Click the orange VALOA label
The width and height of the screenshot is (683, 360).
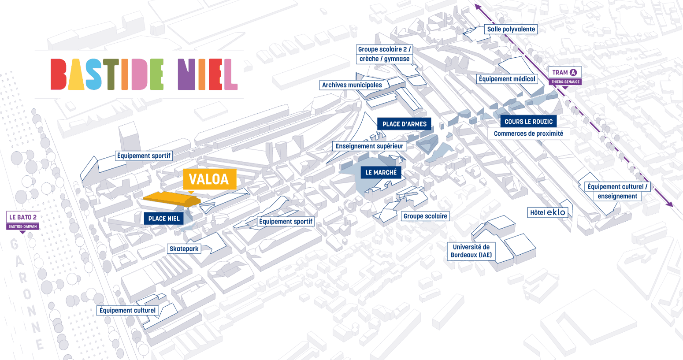coord(210,179)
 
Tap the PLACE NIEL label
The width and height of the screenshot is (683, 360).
coord(164,219)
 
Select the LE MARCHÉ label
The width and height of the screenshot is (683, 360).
coord(381,173)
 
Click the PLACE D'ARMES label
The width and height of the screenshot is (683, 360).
coord(405,124)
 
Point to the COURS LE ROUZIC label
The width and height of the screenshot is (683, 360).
coord(528,122)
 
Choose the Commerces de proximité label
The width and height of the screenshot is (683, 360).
coord(528,134)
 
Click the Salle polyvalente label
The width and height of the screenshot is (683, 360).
coord(511,29)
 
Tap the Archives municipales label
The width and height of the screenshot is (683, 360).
coord(352,85)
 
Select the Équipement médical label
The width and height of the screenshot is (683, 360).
coord(507,79)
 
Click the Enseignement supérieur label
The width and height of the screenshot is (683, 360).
coord(369,146)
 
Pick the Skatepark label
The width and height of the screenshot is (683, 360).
coord(184,249)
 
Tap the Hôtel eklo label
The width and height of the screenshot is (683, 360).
coord(548,212)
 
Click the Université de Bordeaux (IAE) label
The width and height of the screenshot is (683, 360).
coord(471,251)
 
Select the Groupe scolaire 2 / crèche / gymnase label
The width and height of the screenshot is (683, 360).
coord(385,54)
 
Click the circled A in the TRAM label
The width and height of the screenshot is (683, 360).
coord(573,73)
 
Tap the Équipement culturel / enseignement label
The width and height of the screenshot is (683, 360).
coord(617,191)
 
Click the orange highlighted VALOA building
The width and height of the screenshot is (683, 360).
coord(172,199)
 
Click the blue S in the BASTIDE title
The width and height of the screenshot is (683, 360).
coord(93,74)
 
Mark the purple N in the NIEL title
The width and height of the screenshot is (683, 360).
coord(186,74)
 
